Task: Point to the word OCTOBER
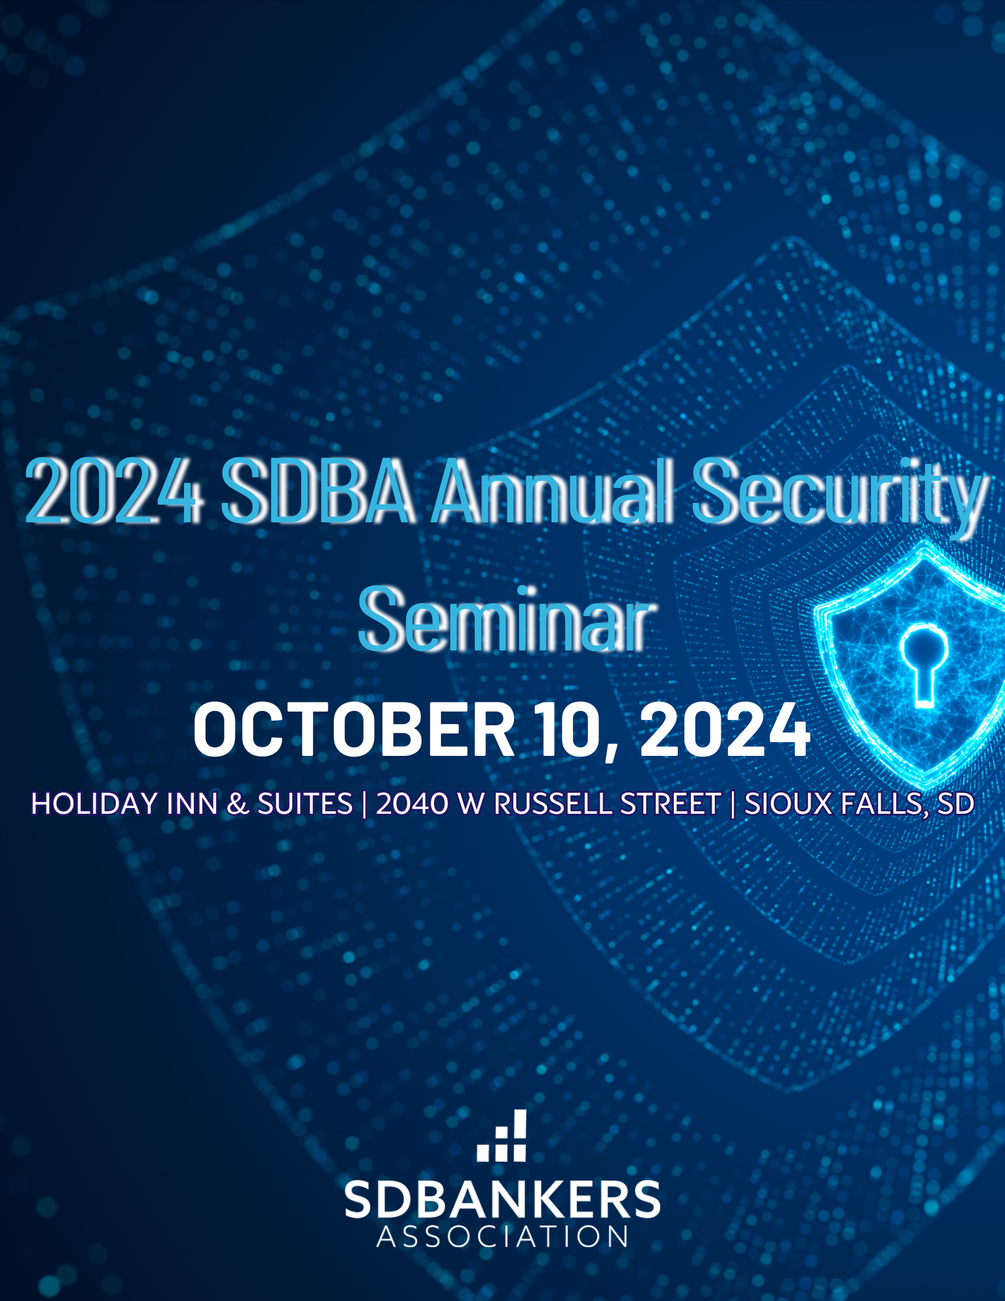[355, 729]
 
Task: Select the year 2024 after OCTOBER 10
[725, 729]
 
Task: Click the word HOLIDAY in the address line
[94, 804]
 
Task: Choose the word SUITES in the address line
[305, 804]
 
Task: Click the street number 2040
[412, 804]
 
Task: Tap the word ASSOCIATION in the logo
[502, 1237]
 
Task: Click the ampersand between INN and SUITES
[238, 804]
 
